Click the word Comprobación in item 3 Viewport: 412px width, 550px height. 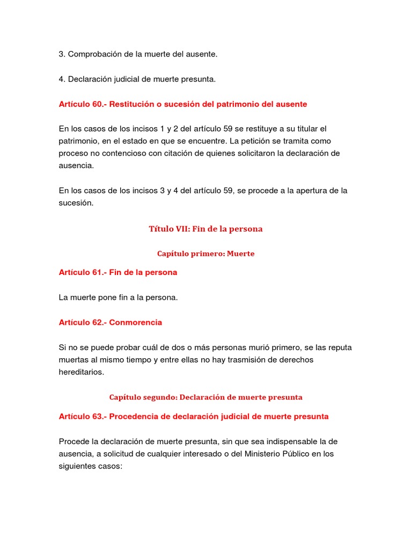coord(93,54)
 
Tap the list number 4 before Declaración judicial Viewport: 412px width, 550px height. coord(61,79)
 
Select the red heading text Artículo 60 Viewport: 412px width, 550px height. coord(81,104)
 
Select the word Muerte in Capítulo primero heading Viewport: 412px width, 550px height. coord(240,254)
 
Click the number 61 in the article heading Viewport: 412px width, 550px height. coord(97,272)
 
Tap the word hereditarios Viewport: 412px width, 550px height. coord(80,372)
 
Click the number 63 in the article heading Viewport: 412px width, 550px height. coord(97,416)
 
